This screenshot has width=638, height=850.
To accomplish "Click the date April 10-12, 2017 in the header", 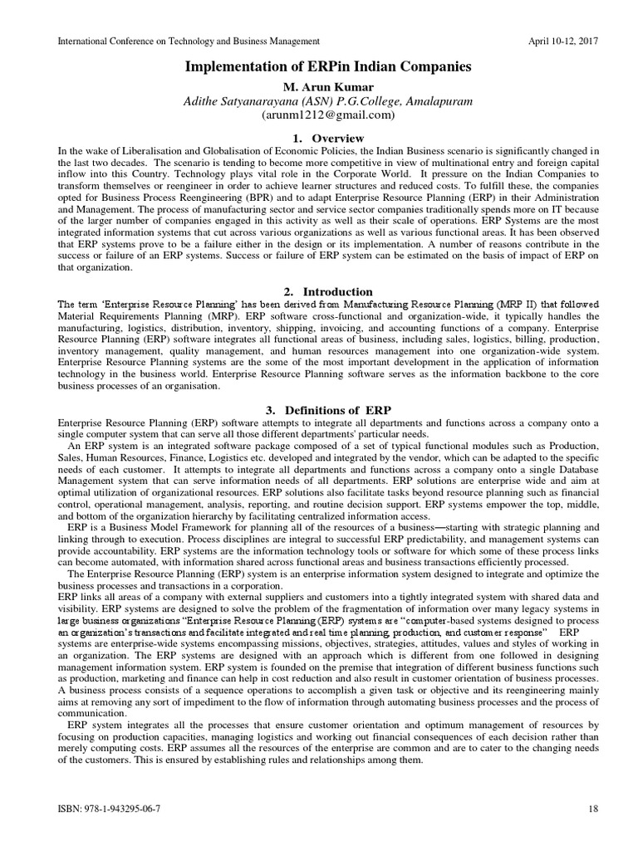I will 563,41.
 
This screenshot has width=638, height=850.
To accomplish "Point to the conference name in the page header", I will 188,41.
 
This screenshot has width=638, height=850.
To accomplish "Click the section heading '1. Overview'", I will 321,137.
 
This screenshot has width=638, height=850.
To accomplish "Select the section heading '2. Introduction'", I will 321,291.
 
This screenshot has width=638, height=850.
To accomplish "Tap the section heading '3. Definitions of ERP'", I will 321,410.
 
